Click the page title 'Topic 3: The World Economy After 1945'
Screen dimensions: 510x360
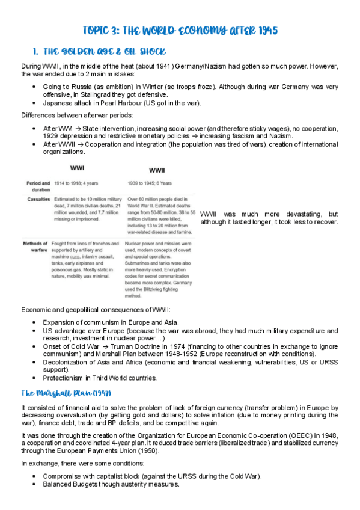click(180, 30)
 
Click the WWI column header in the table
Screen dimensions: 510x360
click(77, 168)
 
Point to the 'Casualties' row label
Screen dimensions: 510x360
click(38, 198)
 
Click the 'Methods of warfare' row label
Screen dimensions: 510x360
click(37, 247)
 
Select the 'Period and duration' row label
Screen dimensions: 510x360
click(38, 185)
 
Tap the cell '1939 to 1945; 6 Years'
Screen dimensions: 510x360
click(149, 182)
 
